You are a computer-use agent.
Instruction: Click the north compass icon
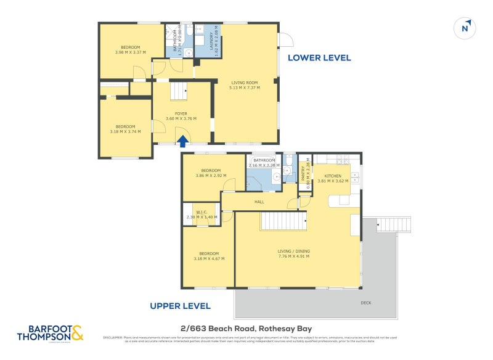466,28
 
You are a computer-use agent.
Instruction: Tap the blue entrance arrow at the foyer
183,141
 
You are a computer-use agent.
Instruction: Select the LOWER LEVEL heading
319,58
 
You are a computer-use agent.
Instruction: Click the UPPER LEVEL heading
181,306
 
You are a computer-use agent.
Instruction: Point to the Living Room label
244,83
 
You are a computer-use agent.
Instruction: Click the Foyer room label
181,113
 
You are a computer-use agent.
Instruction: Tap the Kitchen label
333,176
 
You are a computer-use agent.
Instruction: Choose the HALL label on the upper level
259,202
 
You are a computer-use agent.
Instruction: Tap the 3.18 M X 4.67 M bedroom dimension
208,258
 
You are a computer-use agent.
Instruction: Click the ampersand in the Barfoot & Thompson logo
76,334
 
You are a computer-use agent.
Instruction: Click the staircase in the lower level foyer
179,92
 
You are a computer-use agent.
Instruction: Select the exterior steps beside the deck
393,224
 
